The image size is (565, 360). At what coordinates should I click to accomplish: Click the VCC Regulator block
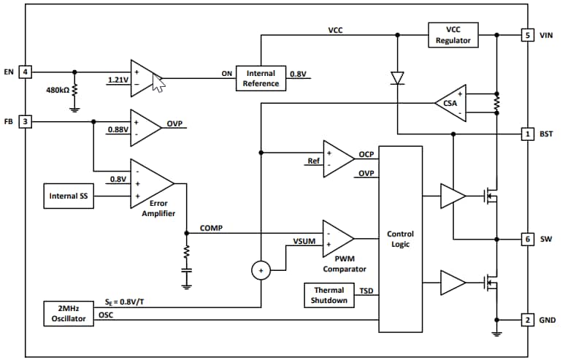(x=454, y=35)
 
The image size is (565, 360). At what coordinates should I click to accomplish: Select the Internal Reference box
(x=261, y=78)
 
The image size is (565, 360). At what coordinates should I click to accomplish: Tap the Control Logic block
(x=400, y=240)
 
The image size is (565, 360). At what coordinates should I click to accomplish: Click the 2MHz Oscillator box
(x=69, y=313)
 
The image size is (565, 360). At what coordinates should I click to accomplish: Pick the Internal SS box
(x=69, y=196)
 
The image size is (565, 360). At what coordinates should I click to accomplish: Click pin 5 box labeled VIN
(x=527, y=35)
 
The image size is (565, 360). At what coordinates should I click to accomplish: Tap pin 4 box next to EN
(x=26, y=72)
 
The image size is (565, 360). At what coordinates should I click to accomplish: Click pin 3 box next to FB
(x=26, y=121)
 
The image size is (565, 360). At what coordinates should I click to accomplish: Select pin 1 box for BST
(x=527, y=134)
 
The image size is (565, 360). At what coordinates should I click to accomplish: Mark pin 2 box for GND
(x=527, y=319)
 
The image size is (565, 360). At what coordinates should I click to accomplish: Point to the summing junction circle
(x=260, y=271)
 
